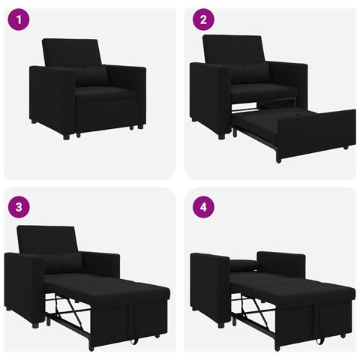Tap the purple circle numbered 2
click(202, 20)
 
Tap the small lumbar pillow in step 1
click(91, 76)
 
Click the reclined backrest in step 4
click(281, 264)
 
